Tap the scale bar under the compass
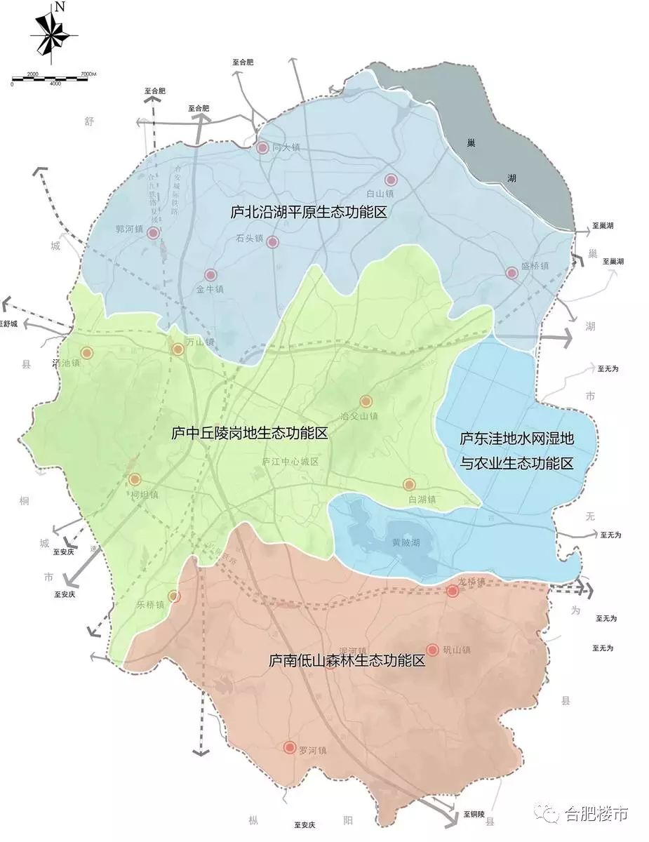pos(53,77)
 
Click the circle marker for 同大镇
pos(262,148)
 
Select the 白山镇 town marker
pos(391,180)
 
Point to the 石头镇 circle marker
pos(273,242)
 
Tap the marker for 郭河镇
pos(154,232)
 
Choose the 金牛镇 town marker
pos(210,275)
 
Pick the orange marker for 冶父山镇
pos(366,401)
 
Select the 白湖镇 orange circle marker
pos(409,484)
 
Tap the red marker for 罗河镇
pos(289,748)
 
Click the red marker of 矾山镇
pos(432,650)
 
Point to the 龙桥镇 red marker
pos(453,592)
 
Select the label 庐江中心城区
pos(290,462)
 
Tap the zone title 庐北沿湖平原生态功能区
pos(309,212)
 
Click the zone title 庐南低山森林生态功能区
pos(347,660)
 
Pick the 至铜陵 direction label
pos(474,814)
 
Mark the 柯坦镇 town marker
pos(135,480)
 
